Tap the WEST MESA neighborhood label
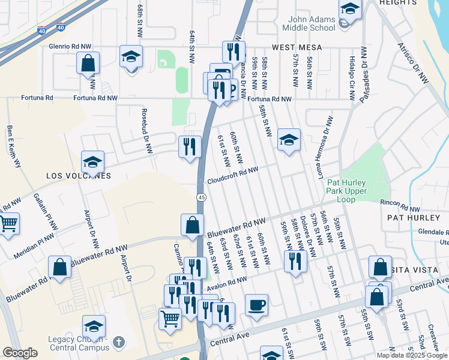pyautogui.click(x=297, y=47)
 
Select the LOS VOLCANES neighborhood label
pyautogui.click(x=79, y=176)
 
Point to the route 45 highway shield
pyautogui.click(x=201, y=197)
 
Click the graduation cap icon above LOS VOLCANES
pyautogui.click(x=93, y=161)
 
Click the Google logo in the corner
pyautogui.click(x=20, y=352)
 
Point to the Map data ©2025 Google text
pyautogui.click(x=412, y=355)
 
